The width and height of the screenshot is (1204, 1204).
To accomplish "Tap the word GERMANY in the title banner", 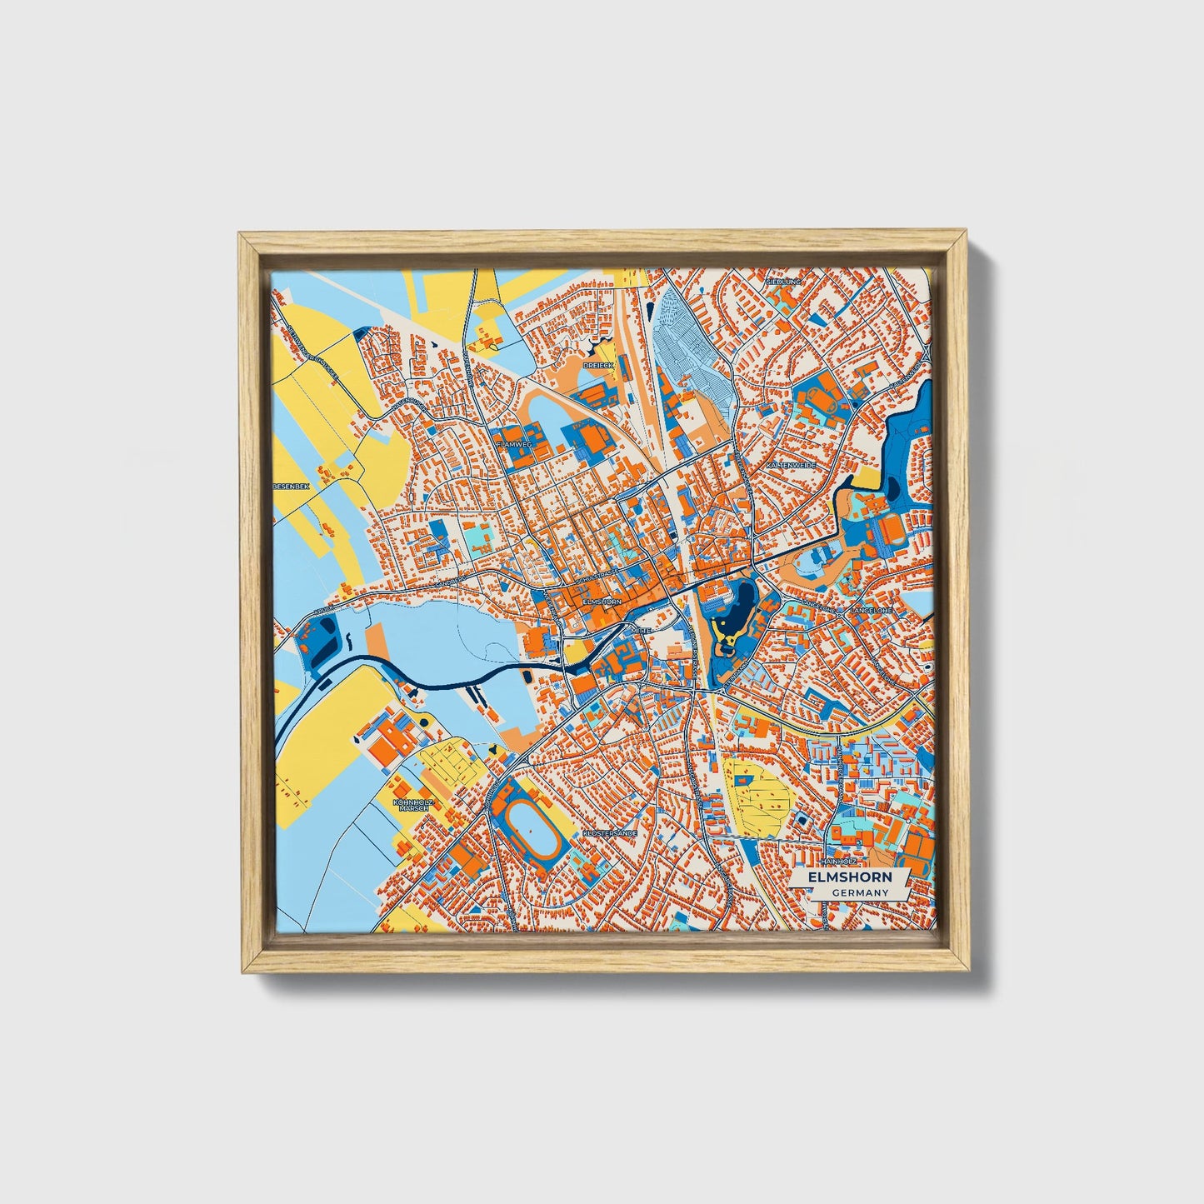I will point(859,892).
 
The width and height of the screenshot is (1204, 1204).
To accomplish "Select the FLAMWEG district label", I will point(513,446).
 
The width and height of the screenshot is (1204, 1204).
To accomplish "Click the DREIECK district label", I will point(598,365).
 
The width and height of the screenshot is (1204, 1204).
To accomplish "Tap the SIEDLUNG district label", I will point(784,282).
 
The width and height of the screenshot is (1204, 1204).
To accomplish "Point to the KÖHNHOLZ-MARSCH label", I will point(413,805).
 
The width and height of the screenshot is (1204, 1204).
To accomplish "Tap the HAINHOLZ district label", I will point(838,861).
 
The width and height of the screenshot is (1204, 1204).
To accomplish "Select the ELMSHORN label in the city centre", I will point(602,600).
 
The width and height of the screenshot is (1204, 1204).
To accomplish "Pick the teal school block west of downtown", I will point(477,537).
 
